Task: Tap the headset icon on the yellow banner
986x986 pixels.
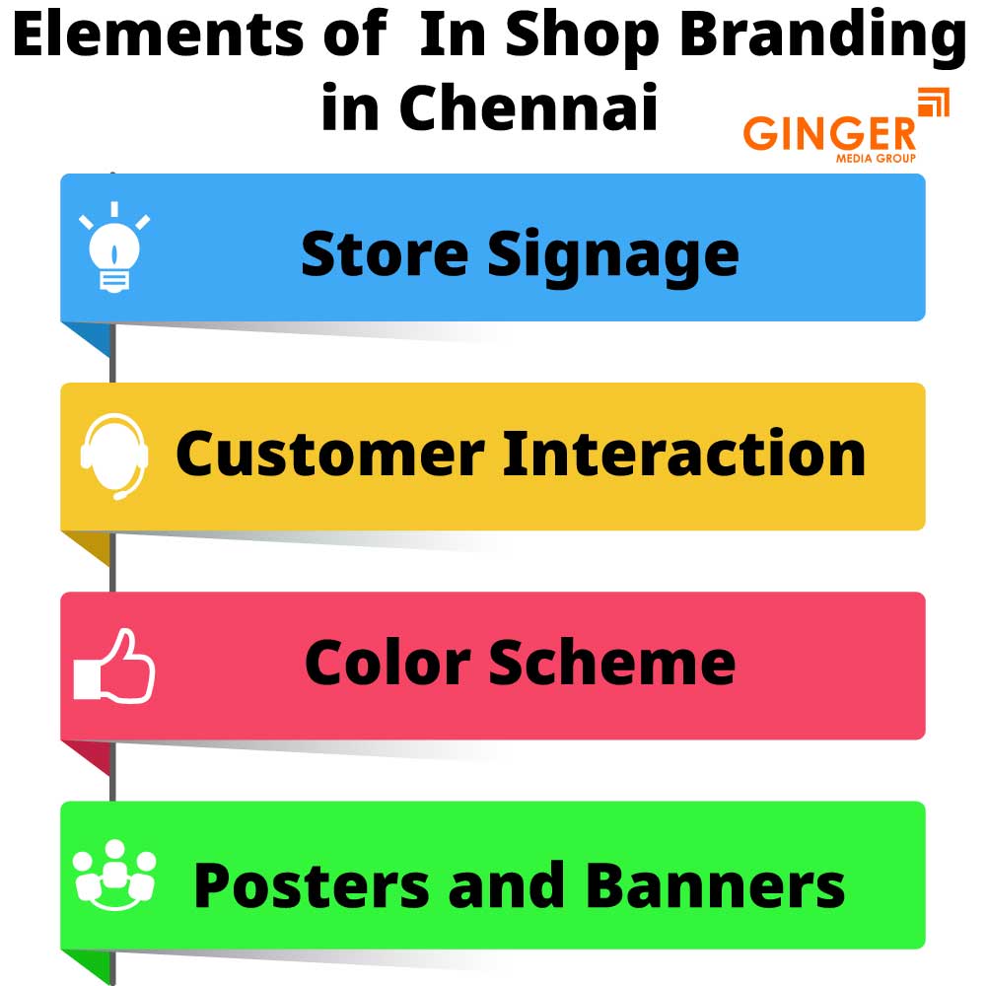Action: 113,456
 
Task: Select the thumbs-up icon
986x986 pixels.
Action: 114,667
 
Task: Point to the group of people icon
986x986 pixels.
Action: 114,876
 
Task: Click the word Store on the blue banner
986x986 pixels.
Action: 386,253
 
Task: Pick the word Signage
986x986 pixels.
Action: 612,255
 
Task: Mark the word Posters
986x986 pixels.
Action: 313,884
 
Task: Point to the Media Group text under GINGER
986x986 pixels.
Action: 876,158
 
